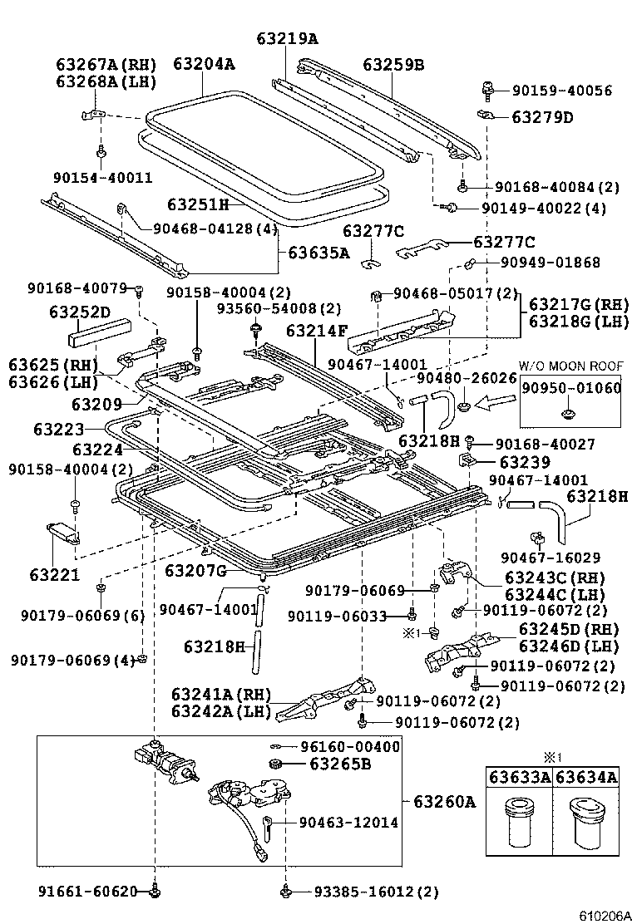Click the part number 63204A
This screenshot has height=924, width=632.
[204, 64]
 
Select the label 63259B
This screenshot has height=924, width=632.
[393, 64]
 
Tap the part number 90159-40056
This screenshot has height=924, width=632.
[562, 91]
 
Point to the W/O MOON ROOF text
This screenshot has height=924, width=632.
[570, 366]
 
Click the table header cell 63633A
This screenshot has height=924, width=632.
[519, 778]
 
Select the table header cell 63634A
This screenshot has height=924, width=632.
[586, 778]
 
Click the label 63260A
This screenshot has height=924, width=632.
[444, 802]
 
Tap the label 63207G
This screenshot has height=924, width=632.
[195, 570]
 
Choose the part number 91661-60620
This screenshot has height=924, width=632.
[86, 892]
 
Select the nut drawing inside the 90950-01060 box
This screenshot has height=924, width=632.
[570, 410]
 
